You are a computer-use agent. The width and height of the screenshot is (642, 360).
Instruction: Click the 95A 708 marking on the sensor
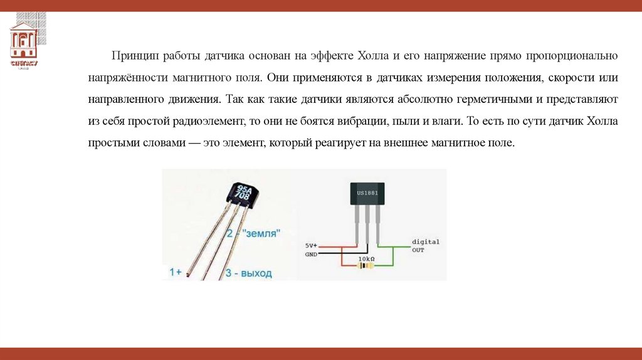pos(241,193)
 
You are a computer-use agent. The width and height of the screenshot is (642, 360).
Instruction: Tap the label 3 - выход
pos(248,273)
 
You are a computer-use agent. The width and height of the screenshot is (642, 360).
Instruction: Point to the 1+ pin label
pos(176,272)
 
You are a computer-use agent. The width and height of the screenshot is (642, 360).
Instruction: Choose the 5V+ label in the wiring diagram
pos(312,245)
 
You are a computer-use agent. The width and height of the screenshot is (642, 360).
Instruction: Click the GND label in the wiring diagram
pos(311,254)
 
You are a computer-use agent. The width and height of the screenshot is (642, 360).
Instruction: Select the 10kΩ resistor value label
pos(366,258)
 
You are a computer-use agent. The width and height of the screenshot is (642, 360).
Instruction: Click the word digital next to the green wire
pos(426,241)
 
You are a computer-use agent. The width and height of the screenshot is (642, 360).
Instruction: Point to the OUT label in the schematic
pos(418,250)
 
